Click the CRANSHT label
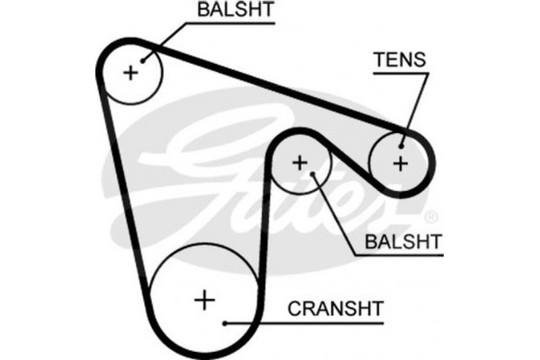tap(336, 310)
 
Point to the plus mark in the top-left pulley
tap(131, 72)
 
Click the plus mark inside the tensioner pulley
tap(400, 163)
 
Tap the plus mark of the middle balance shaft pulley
tap(300, 163)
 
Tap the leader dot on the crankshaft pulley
tap(225, 320)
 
